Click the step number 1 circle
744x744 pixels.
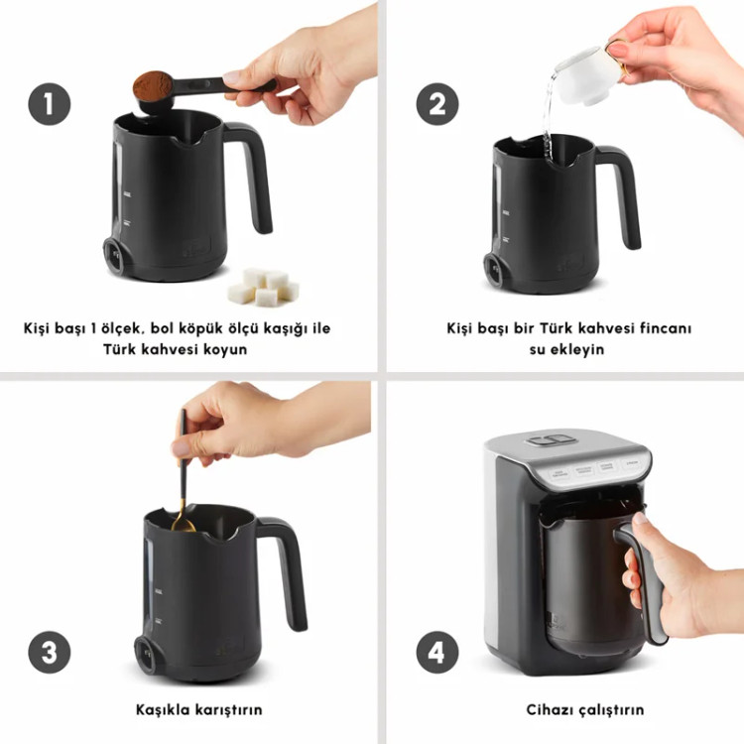click(x=50, y=104)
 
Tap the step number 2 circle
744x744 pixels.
click(x=437, y=104)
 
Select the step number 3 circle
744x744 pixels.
click(x=50, y=653)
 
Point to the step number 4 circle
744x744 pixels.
click(x=437, y=653)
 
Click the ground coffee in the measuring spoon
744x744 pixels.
click(x=153, y=84)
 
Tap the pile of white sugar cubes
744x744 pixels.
click(x=263, y=287)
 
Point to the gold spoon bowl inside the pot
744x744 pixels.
click(x=183, y=524)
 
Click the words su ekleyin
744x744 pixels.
click(x=566, y=350)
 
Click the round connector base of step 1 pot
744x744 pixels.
click(x=114, y=256)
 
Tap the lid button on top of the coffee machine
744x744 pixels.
click(x=552, y=439)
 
